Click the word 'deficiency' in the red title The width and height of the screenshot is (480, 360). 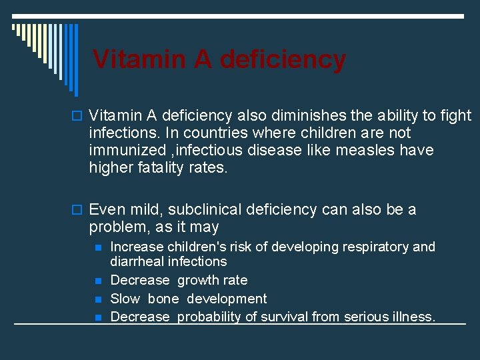(283, 59)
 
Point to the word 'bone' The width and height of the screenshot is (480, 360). (163, 299)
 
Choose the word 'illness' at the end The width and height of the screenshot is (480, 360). (411, 317)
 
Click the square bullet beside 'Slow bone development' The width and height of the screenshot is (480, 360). (98, 299)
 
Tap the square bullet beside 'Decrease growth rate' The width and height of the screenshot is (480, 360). (98, 281)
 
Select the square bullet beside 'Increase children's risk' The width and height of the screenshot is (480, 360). (98, 247)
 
